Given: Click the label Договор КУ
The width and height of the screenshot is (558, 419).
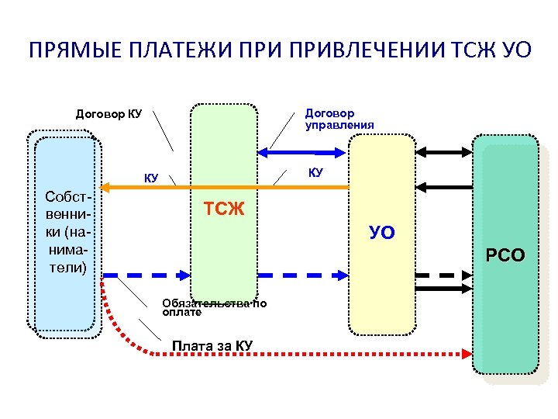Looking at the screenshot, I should [x=108, y=114].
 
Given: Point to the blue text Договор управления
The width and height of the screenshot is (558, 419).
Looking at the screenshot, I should [x=339, y=119].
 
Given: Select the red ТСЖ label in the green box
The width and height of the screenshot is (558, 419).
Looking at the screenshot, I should [x=224, y=208].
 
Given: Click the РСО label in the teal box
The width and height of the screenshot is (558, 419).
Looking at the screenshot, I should [x=505, y=255].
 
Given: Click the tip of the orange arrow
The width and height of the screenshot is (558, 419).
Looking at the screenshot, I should [x=104, y=187].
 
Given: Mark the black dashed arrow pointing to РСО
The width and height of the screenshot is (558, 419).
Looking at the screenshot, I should [x=442, y=275].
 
